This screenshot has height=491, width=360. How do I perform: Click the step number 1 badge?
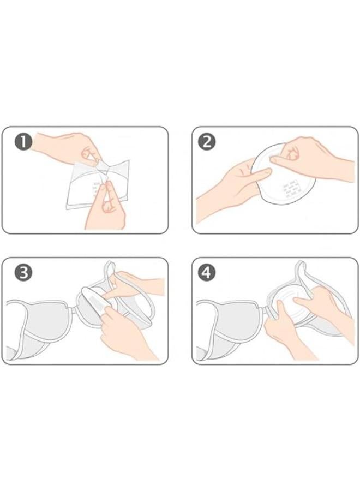coord(23,142)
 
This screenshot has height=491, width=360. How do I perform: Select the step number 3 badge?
coord(23,273)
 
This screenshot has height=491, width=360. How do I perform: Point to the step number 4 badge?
coord(207,273)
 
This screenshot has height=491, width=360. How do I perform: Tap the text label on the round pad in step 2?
coord(290,188)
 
